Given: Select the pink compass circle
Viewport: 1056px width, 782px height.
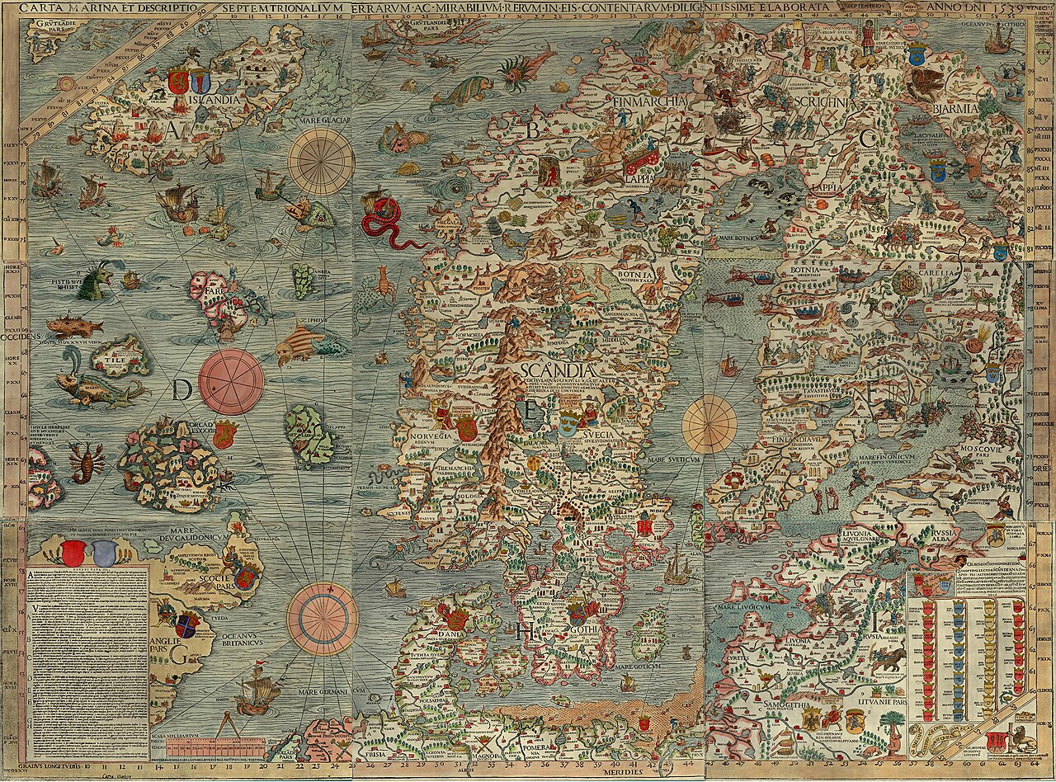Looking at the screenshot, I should tap(231, 382).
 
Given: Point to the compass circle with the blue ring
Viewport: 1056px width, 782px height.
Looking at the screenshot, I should tap(323, 619).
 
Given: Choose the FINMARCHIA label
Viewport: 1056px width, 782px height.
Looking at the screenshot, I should tap(649, 101).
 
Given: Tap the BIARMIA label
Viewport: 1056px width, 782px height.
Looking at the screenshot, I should tap(955, 109).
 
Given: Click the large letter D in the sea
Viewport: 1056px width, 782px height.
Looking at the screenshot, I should tap(183, 390).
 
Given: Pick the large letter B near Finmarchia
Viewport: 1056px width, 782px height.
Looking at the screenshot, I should tap(533, 130).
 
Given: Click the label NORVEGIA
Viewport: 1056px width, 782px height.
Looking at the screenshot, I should tap(423, 436).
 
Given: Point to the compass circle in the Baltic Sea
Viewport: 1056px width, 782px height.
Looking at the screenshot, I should tap(709, 424).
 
